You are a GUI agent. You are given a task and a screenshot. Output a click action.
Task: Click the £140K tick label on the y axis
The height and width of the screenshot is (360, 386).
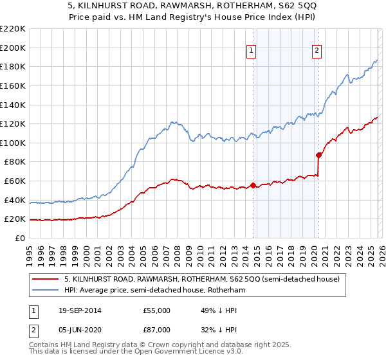13,104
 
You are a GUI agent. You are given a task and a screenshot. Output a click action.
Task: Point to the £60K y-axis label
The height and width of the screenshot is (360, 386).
15,181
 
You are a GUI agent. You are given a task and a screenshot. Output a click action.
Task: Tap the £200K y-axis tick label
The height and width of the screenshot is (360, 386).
13,48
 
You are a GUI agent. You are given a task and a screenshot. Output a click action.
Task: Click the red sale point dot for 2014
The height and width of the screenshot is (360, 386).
253,185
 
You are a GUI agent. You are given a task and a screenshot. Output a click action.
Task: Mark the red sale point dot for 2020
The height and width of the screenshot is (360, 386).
318,155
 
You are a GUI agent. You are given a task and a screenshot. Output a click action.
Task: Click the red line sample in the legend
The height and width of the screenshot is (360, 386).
46,279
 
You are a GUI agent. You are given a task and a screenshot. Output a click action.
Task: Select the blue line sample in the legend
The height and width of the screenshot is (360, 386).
46,291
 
